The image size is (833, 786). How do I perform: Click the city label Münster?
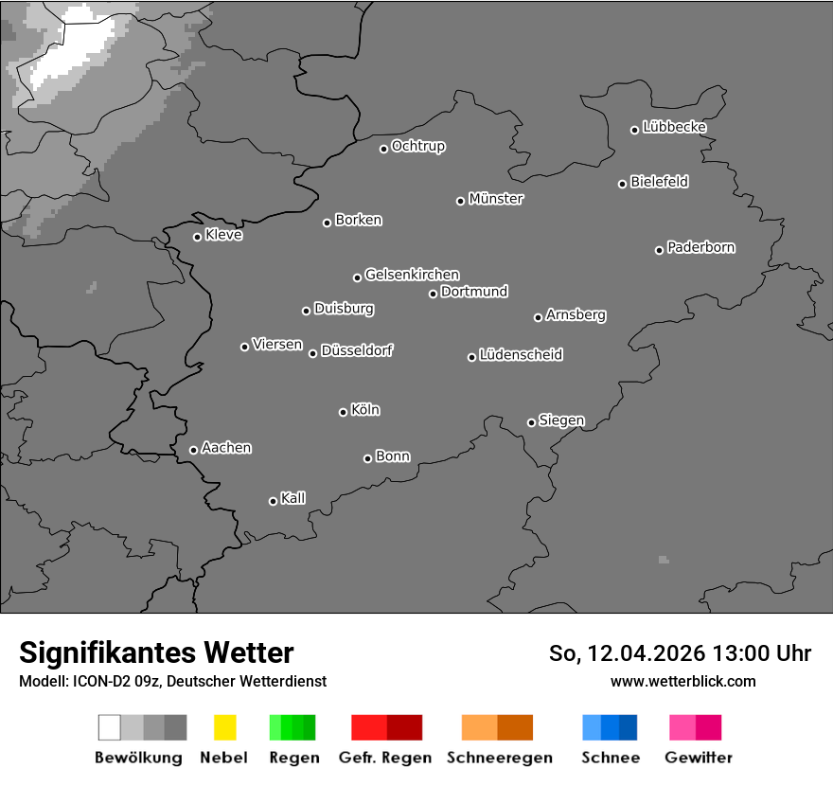pos(496,199)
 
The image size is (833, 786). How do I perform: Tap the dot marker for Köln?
pos(343,412)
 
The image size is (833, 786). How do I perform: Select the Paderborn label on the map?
pos(701,247)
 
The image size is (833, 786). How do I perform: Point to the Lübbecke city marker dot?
pos(635,130)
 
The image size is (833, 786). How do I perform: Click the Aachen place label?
pos(226,448)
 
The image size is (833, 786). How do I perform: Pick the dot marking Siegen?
pos(531,422)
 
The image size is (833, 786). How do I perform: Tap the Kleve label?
pos(223,235)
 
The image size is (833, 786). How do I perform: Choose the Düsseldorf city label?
pos(357,350)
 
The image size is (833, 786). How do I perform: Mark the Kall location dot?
pos(273,501)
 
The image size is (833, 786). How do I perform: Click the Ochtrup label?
pos(418,146)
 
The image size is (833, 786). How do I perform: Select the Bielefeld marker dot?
pos(623,184)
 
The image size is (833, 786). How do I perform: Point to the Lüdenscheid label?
pos(521,355)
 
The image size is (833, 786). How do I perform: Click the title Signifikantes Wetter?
pos(156,652)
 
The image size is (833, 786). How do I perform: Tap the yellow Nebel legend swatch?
pos(224,727)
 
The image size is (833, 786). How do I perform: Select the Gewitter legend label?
pos(699,758)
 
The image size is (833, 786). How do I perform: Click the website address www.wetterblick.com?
pos(683,681)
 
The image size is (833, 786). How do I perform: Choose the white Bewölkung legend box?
pos(110,727)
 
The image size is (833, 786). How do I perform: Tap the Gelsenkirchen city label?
pos(412,275)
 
